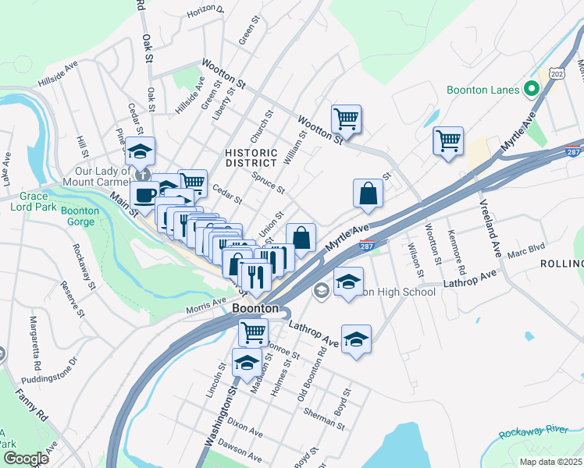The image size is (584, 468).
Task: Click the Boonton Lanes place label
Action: [x=483, y=90]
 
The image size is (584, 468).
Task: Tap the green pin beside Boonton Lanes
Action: [x=532, y=89]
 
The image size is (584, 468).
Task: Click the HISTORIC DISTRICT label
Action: [x=251, y=158]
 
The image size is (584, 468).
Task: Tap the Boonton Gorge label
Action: [x=80, y=216]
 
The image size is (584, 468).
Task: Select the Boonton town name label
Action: [x=255, y=309]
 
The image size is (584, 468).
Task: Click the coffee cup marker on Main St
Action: [x=144, y=197]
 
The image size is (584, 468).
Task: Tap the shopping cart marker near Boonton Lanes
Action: [x=448, y=142]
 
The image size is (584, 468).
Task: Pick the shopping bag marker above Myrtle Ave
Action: [x=367, y=194]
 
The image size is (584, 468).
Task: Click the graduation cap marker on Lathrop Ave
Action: [x=356, y=339]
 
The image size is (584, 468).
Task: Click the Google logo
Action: [x=26, y=459]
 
